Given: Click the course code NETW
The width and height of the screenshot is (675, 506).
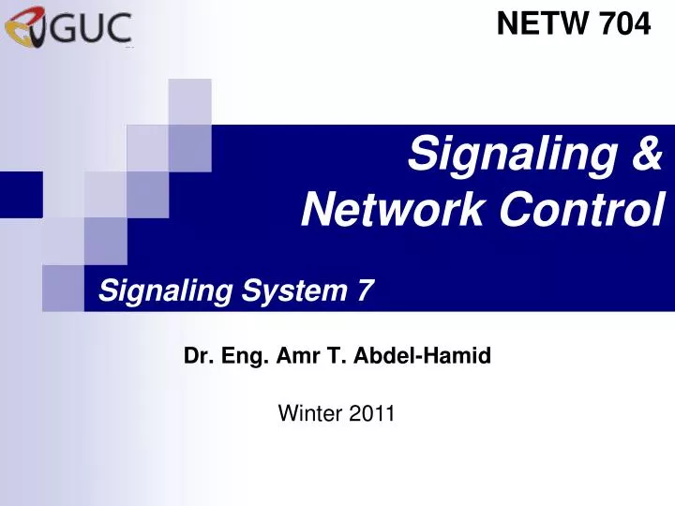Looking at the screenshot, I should coord(542,25).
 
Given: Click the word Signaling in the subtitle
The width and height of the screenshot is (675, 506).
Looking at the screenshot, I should coord(165,293).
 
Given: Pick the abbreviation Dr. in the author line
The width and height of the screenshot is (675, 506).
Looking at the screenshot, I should coord(196,356).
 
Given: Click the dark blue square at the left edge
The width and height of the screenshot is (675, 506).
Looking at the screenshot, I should coord(21,194).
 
